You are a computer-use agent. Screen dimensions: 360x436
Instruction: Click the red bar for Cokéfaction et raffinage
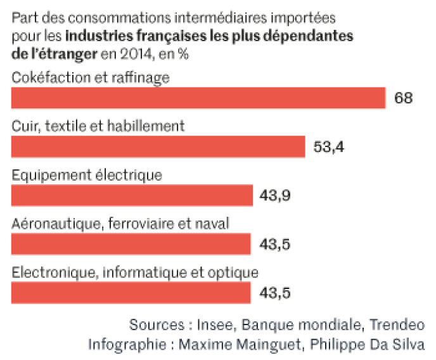click(198, 98)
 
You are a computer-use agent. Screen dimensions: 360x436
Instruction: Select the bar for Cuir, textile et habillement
click(158, 146)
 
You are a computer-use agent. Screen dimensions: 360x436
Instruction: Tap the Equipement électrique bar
click(132, 195)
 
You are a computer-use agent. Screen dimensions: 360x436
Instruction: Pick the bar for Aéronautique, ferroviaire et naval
click(131, 243)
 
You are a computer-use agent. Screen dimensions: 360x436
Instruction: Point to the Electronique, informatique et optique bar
click(131, 292)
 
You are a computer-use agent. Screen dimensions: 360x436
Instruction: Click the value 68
click(403, 98)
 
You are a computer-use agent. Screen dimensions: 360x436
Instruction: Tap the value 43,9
click(275, 195)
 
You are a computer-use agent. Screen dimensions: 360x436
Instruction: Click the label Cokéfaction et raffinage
click(91, 77)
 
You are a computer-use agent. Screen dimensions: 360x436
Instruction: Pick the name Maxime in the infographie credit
click(203, 345)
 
